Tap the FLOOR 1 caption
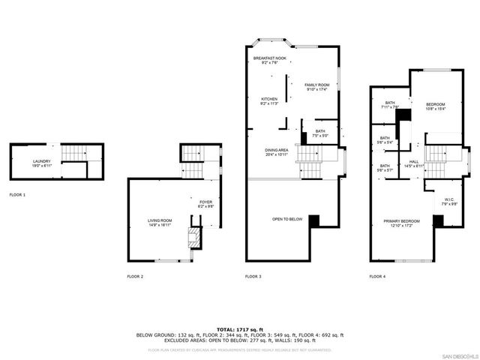point(17,195)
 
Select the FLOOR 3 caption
point(253,277)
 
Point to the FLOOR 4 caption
point(377,277)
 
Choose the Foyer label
point(205,203)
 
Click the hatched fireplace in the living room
point(193,238)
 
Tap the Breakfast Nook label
point(269,60)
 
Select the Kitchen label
point(269,101)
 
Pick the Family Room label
point(317,87)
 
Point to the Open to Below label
point(287,219)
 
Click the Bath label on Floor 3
point(320,133)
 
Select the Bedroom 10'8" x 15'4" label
point(436,106)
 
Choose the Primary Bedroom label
point(401,223)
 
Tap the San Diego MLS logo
point(458,354)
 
